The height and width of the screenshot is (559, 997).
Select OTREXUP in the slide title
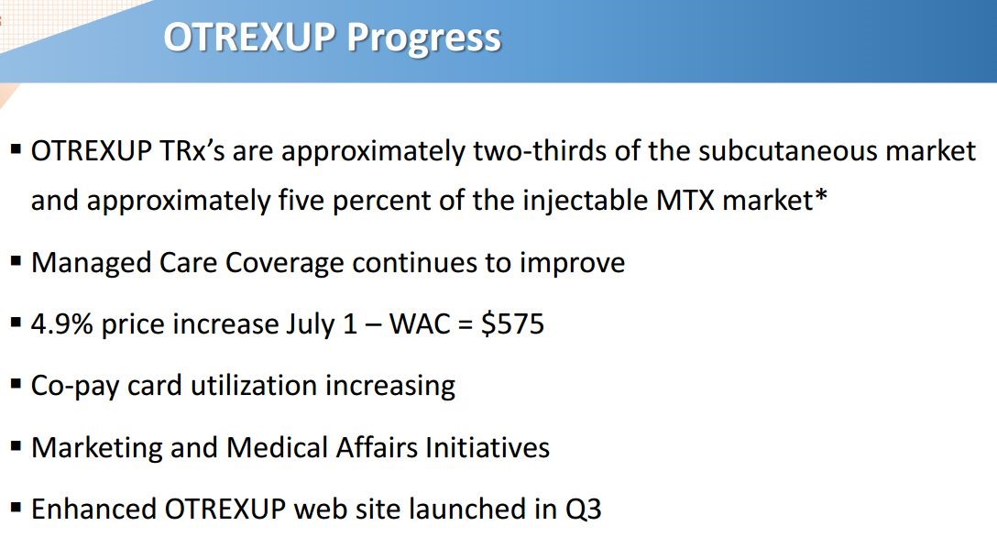click(249, 37)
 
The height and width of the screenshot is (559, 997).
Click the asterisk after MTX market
click(821, 195)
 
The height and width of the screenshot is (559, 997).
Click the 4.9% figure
click(61, 324)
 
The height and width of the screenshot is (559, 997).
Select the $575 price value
click(512, 323)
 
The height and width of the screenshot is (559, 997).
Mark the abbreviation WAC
click(420, 324)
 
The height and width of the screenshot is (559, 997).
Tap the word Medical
click(277, 447)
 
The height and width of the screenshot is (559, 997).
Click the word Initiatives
click(488, 447)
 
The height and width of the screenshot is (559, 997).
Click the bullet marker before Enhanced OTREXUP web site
click(16, 508)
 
